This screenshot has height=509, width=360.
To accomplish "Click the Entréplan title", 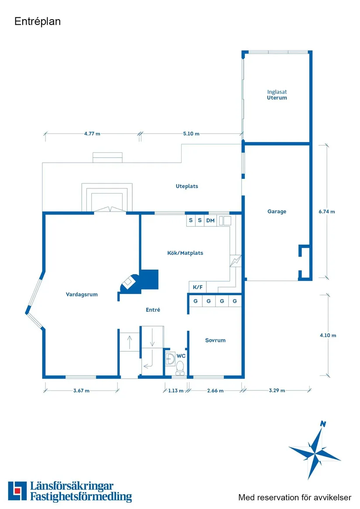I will click(38, 21).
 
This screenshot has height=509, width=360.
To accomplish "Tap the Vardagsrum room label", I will click(82, 294).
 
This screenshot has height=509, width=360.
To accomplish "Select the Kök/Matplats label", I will click(185, 253).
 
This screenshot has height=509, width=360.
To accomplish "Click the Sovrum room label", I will click(215, 340).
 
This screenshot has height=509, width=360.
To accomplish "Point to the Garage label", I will click(277, 212).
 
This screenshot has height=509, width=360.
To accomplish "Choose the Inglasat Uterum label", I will click(277, 95).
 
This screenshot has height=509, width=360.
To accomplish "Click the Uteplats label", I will click(187, 186).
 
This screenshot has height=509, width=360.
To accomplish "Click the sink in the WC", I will click(170, 359).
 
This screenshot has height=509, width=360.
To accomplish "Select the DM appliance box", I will click(210, 221).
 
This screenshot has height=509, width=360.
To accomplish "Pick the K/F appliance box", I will click(198, 287).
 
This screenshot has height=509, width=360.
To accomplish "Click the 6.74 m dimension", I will click(327, 212).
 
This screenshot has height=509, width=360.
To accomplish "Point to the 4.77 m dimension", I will click(92, 134).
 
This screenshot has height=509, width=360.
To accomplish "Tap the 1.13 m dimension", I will click(176, 391).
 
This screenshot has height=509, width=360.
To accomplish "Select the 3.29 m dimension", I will click(277, 391).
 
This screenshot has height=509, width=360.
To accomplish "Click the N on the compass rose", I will click(323, 424).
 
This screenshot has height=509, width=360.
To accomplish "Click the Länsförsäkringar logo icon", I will click(17, 491).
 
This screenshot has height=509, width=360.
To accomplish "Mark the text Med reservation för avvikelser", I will click(295, 497).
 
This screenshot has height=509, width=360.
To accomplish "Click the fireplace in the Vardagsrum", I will click(129, 282).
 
